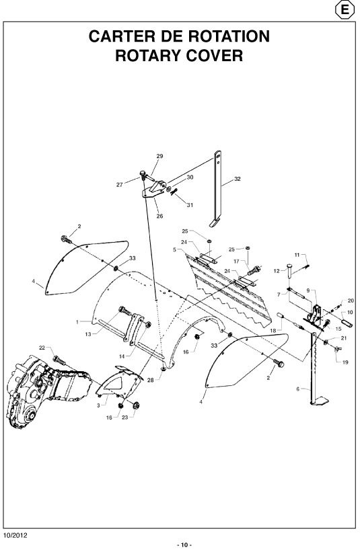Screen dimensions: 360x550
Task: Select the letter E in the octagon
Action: (345, 10)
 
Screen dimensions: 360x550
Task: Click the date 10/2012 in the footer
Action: (15, 536)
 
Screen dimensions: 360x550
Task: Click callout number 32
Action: (238, 179)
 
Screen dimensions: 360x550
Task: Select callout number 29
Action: (159, 156)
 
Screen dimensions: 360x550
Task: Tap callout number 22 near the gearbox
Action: (42, 348)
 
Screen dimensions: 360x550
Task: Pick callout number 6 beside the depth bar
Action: (298, 389)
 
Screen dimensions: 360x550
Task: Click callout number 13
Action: (88, 334)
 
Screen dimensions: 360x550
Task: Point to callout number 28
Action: (151, 380)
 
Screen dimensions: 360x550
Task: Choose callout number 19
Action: (345, 362)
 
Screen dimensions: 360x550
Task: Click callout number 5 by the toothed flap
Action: (174, 249)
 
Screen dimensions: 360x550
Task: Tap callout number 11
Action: (297, 255)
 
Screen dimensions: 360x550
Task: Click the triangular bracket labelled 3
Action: (119, 383)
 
